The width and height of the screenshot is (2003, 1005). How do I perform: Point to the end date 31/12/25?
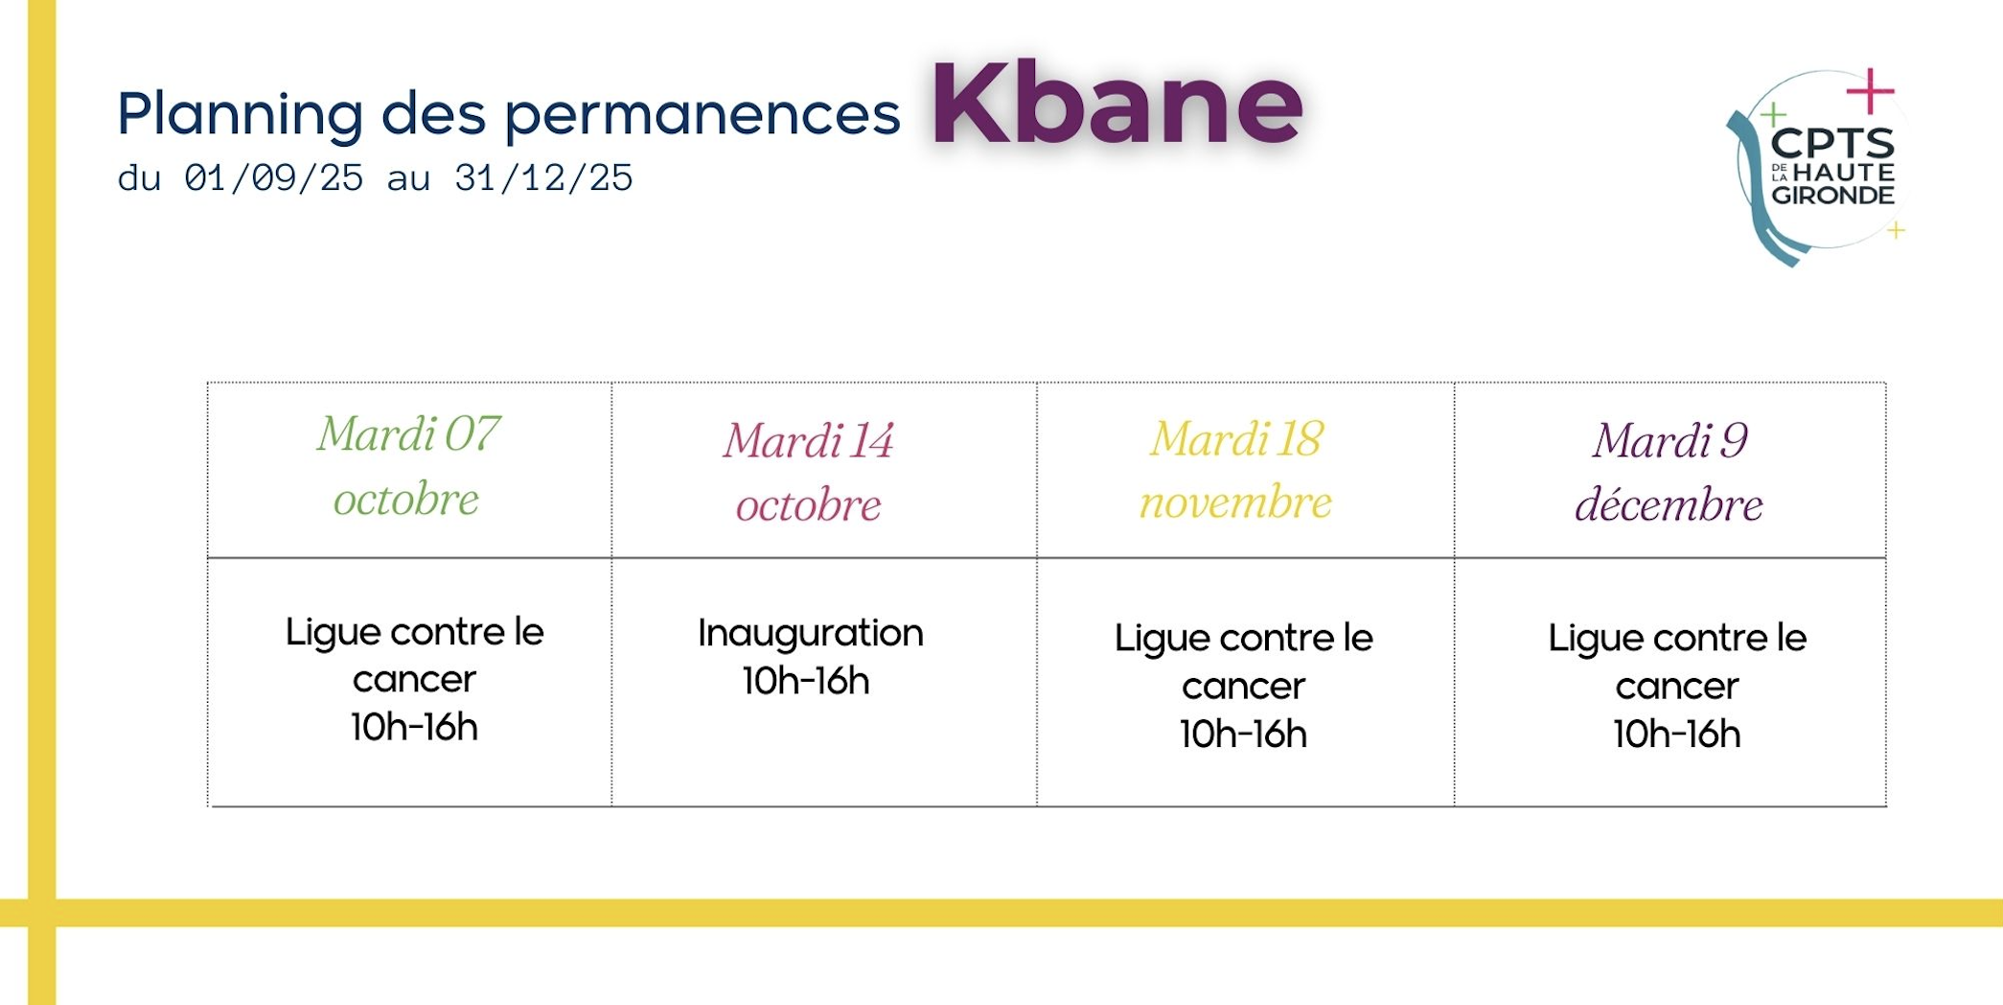pos(543,178)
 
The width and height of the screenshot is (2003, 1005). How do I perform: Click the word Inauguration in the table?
pos(811,634)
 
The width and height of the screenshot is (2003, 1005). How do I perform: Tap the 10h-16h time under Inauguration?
pos(806,681)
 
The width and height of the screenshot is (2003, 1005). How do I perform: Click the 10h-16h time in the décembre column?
pos(1677,735)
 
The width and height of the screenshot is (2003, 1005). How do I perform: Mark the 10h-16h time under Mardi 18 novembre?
pos(1243,735)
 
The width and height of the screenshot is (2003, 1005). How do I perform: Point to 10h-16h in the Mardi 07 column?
pos(414,728)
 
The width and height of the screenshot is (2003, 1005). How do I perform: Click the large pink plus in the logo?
pos(1871,92)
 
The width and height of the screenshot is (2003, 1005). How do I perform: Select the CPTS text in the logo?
pos(1832,144)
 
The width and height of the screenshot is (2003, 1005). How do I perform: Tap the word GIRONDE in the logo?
pos(1832,196)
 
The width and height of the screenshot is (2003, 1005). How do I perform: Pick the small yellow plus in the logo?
pos(1896,230)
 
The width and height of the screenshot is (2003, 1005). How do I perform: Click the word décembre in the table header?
pos(1669,504)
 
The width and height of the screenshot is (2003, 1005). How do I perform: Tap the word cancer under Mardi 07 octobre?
pos(414,681)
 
